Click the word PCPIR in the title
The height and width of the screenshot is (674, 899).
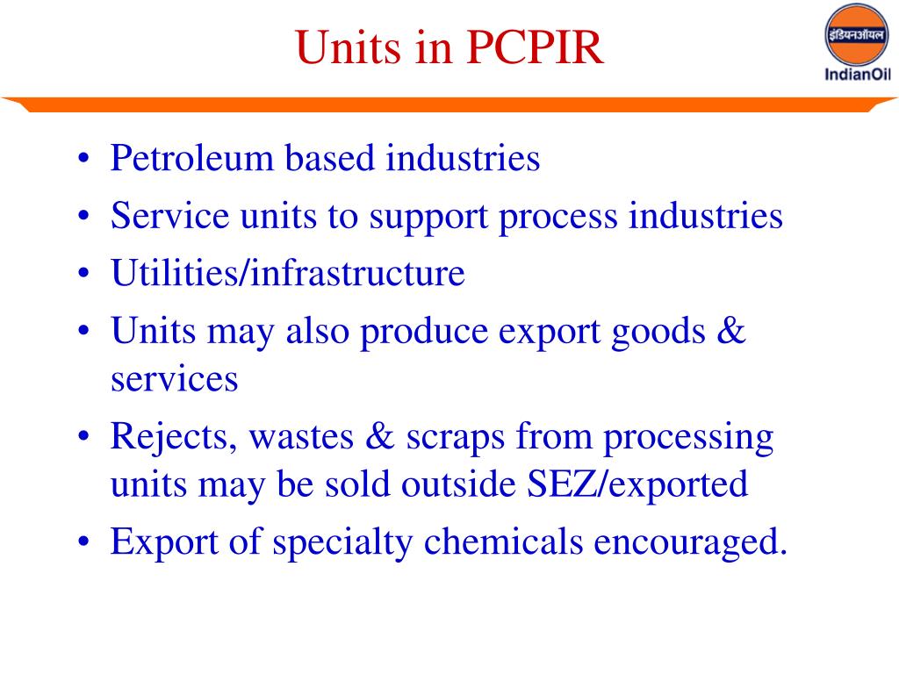[x=536, y=48]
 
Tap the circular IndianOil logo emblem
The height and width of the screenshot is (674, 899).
[x=857, y=35]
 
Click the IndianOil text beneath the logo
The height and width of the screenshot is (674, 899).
[x=857, y=75]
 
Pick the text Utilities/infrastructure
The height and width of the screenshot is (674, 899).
[x=287, y=274]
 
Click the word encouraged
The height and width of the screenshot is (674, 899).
[x=690, y=543]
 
